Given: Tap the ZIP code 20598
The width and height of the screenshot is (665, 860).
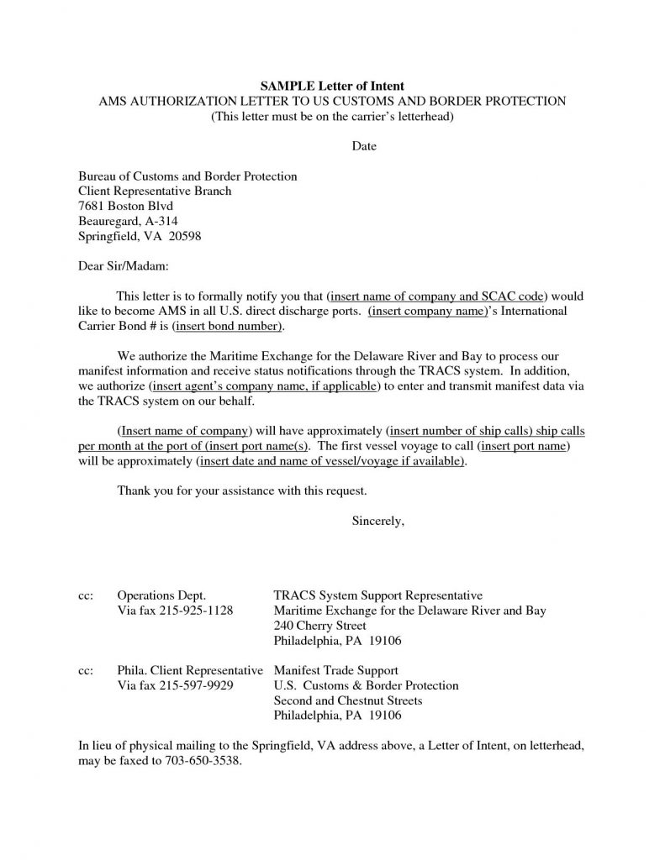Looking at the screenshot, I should (185, 237).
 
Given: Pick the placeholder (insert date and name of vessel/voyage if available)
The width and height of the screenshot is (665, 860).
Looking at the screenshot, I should (330, 461).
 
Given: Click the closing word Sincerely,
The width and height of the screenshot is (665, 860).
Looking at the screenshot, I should (378, 521).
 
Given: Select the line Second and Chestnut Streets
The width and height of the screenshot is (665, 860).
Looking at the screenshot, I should (348, 700).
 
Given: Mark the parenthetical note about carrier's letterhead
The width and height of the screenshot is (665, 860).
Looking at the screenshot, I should (332, 116).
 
